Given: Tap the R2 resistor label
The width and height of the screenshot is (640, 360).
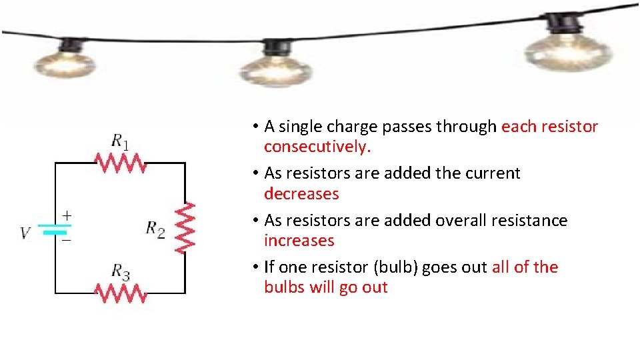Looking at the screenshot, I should click(155, 228).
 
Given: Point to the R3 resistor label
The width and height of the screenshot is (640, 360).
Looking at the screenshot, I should click(120, 271).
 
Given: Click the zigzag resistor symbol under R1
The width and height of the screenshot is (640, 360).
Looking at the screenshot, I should click(120, 162).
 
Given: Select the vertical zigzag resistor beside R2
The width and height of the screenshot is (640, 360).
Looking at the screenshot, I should click(185, 227).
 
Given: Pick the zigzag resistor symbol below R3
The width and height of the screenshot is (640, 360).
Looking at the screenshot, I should click(120, 293).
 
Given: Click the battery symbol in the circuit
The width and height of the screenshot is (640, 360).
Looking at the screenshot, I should click(55, 229).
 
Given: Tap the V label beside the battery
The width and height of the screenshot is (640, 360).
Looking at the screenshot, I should click(25, 233).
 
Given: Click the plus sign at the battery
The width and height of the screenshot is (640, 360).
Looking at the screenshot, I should click(67, 215).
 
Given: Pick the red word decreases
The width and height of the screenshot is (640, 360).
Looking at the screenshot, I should click(301, 194).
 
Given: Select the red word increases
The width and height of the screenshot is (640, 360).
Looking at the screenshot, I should click(299, 241).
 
